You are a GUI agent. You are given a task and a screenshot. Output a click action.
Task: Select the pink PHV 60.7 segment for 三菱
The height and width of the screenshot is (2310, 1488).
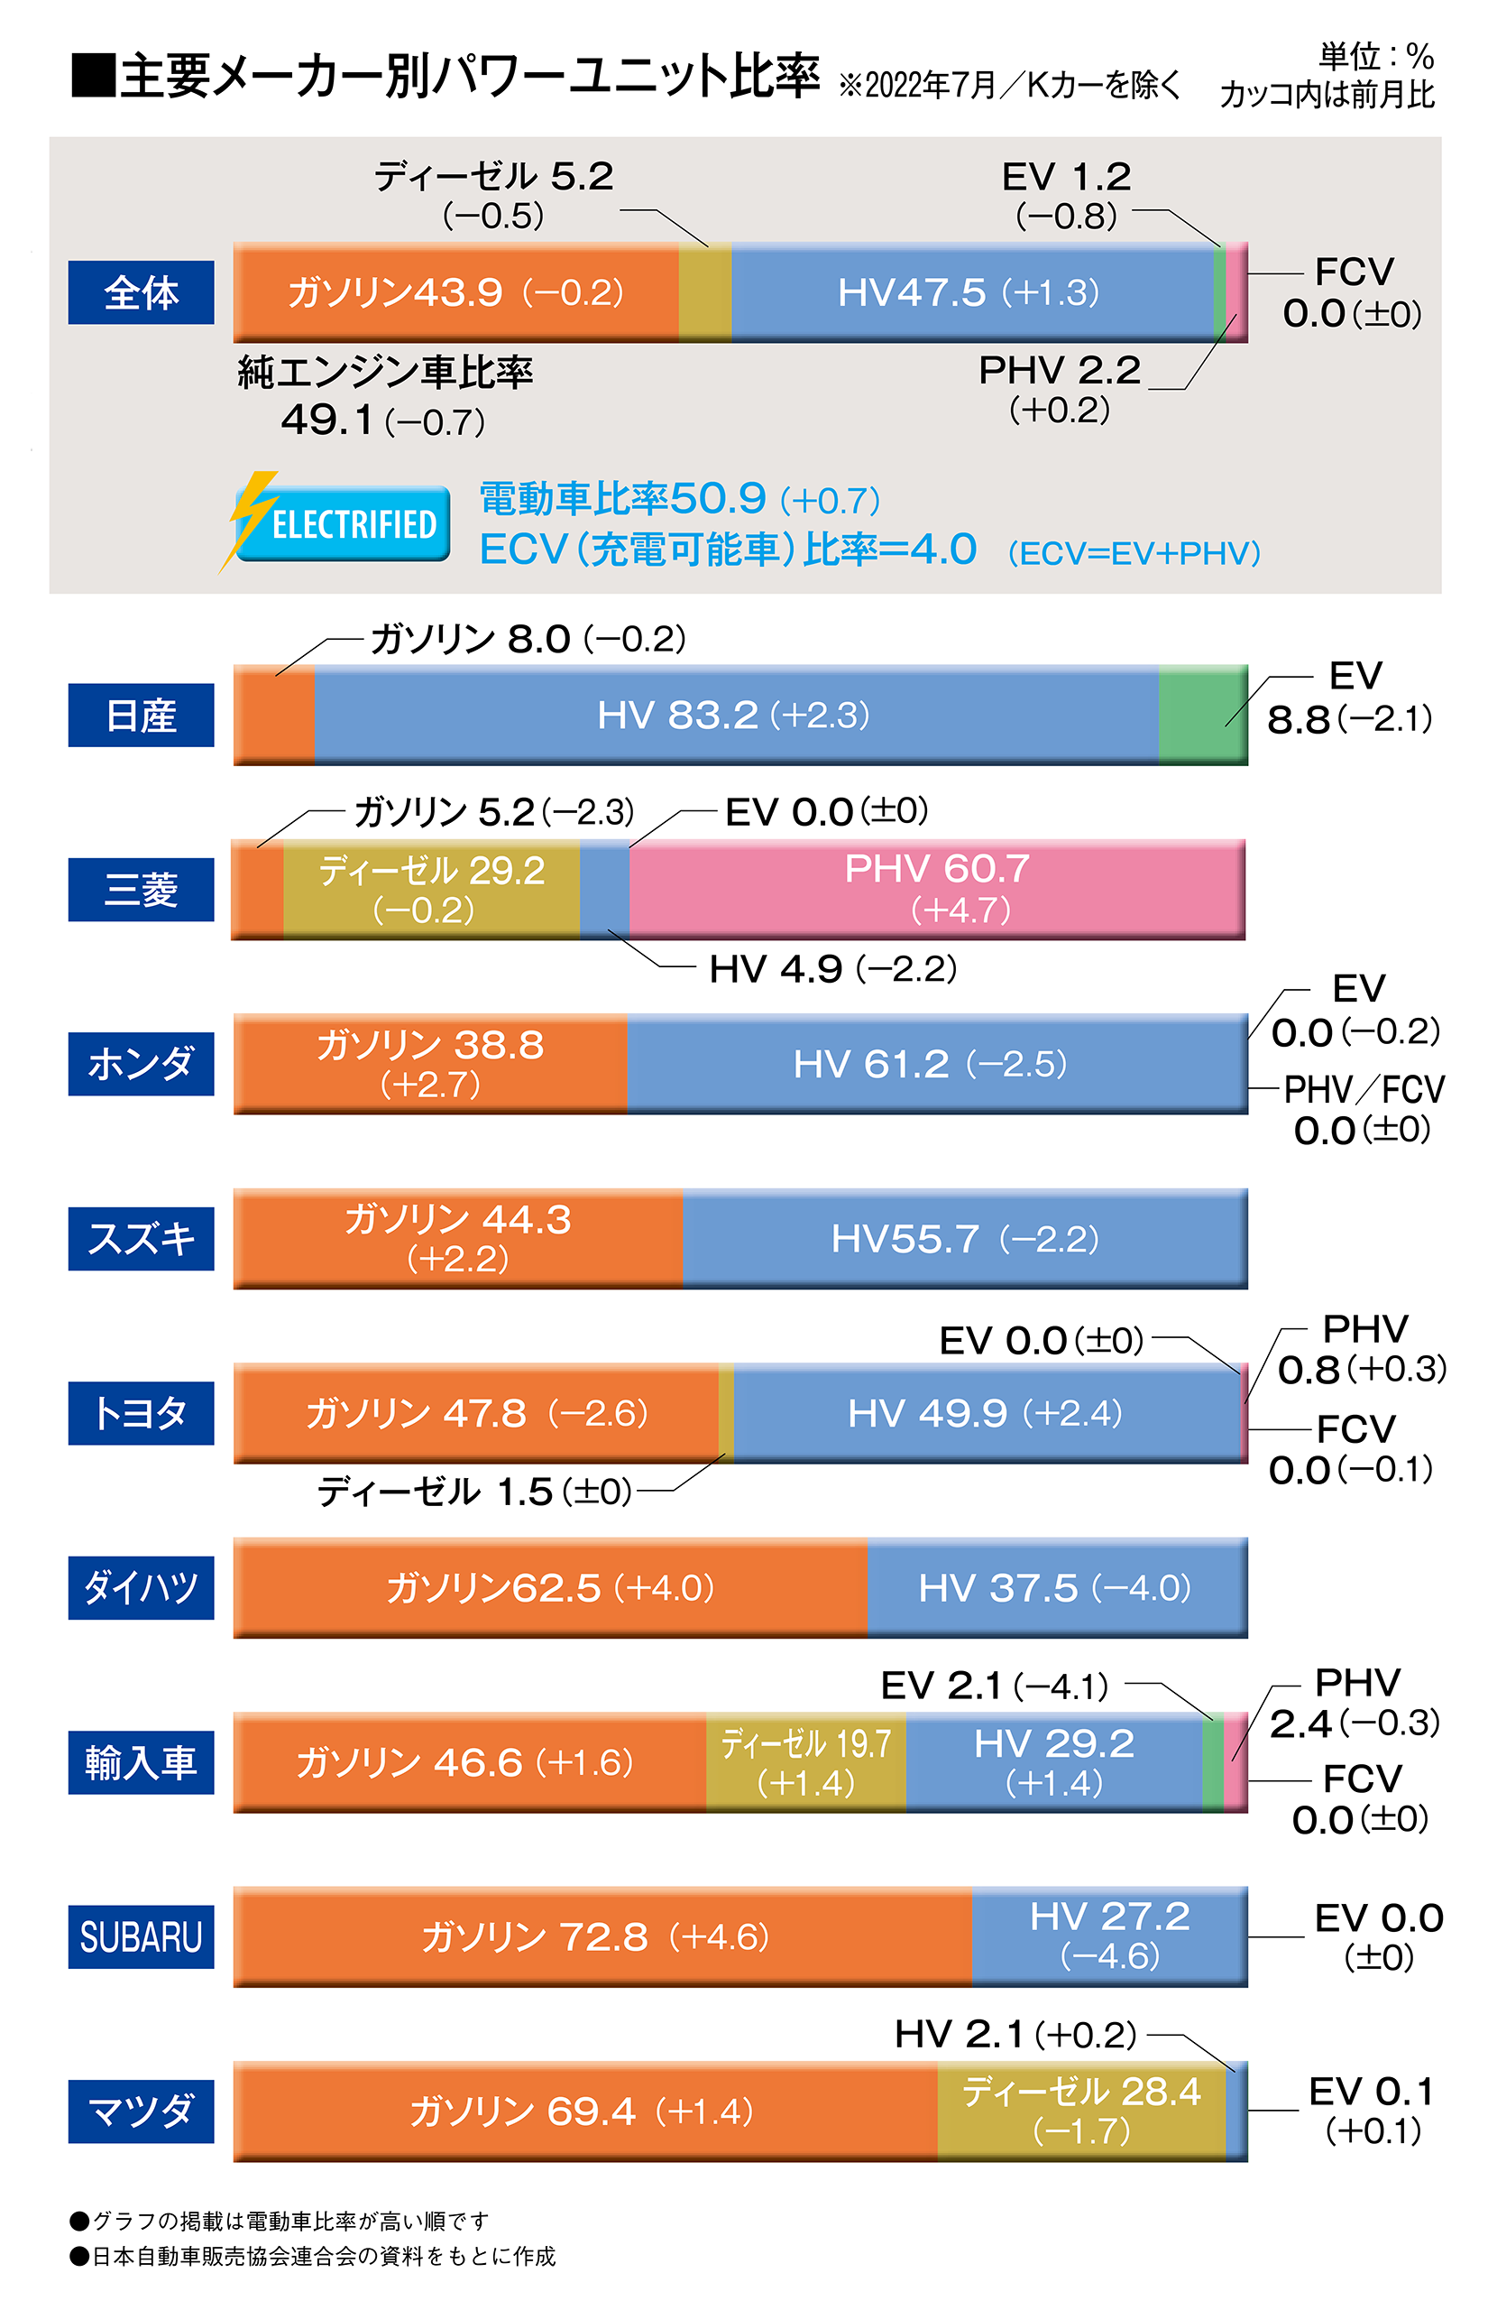(935, 888)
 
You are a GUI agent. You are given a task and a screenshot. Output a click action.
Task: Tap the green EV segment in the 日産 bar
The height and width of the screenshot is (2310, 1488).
(1201, 715)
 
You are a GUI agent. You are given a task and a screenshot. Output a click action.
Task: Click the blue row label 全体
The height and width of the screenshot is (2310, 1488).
(141, 291)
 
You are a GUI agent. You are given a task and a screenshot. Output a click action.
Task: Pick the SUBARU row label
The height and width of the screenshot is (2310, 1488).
(141, 1936)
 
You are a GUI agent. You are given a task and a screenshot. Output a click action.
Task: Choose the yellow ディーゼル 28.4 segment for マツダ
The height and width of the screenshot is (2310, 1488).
(1080, 2110)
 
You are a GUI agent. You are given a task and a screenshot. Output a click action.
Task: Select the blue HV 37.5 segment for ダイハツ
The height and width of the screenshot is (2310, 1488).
(1056, 1587)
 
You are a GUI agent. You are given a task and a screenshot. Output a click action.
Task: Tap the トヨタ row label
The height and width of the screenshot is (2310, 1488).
(141, 1413)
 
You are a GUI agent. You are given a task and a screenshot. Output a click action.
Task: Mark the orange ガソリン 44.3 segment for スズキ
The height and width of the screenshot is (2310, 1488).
(457, 1238)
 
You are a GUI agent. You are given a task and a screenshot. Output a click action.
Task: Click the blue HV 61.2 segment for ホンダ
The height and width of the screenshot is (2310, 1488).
(935, 1063)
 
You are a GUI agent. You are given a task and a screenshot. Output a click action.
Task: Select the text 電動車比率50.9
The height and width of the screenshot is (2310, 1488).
(623, 499)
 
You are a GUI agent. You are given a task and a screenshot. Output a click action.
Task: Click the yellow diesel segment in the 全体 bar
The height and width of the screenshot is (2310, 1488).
(704, 291)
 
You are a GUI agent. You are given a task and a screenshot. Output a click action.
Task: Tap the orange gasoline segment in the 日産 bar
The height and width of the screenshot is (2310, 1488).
(274, 715)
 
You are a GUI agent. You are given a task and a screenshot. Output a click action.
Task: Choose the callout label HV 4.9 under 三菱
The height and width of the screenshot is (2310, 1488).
(831, 968)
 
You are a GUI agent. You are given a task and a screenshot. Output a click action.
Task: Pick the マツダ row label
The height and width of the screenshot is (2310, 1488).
(141, 2110)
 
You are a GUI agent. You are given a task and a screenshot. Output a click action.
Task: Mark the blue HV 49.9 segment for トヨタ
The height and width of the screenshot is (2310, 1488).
(985, 1413)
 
